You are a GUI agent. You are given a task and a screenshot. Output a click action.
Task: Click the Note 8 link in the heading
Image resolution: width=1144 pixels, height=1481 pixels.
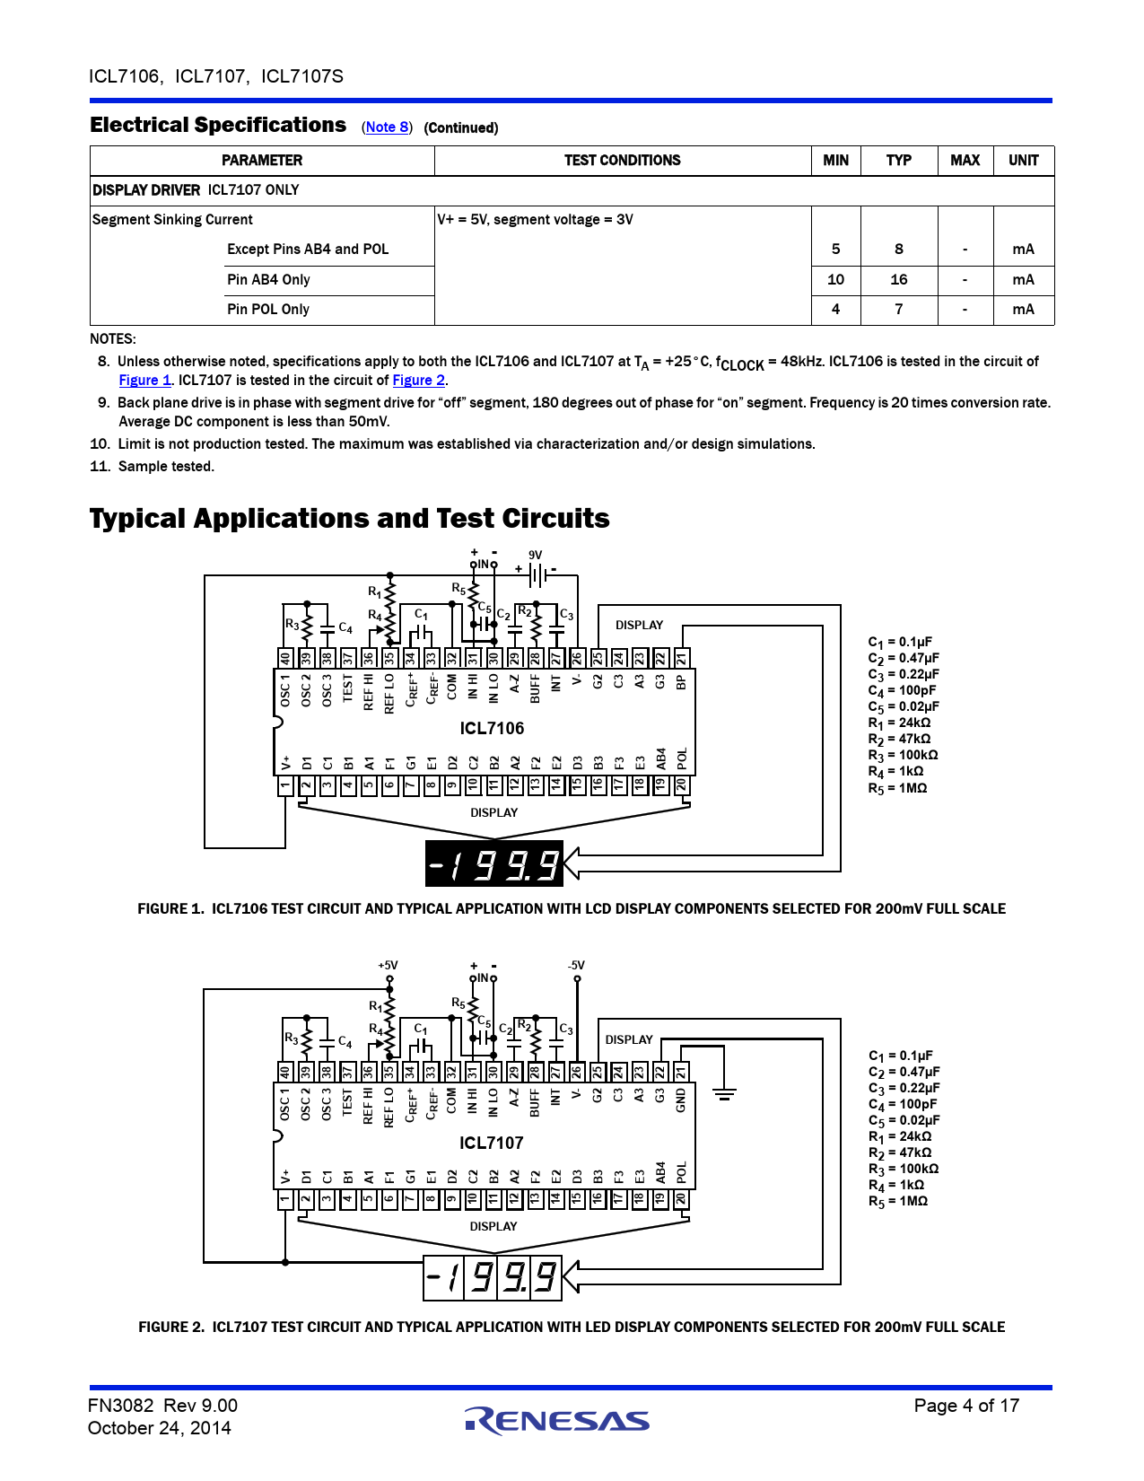tap(387, 127)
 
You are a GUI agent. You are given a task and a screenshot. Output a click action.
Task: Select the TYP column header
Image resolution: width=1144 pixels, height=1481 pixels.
tap(898, 161)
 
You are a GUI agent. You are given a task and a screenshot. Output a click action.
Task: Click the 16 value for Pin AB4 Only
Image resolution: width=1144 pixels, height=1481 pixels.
tap(898, 280)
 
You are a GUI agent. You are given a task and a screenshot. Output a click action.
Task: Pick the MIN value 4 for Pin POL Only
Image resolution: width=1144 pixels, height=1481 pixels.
tap(835, 310)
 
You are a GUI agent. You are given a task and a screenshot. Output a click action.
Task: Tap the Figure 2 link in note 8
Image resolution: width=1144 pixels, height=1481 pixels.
tap(418, 381)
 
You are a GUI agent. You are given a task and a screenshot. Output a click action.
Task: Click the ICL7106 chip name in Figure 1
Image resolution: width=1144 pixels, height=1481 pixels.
tap(492, 728)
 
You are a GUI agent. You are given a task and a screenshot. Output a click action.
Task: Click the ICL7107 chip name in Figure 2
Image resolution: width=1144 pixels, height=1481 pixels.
tap(491, 1143)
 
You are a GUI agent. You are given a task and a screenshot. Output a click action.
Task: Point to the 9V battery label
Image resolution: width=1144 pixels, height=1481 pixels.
tap(535, 555)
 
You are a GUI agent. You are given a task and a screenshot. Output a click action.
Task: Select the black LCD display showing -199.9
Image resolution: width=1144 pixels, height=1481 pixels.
tap(493, 863)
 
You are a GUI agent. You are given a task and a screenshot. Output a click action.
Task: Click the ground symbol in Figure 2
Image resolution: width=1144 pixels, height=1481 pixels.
tap(724, 1094)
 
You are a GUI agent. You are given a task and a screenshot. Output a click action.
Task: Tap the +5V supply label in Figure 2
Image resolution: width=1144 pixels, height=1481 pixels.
tap(388, 966)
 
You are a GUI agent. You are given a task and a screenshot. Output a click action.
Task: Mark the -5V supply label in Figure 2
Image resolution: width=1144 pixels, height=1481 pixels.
tap(576, 966)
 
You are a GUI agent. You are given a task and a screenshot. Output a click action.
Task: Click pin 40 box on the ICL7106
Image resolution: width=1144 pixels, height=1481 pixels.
tap(285, 658)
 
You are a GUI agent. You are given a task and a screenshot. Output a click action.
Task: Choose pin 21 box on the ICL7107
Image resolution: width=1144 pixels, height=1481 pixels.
tap(681, 1072)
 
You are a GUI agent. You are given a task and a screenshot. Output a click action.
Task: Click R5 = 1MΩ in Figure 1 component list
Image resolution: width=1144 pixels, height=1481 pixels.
tap(897, 788)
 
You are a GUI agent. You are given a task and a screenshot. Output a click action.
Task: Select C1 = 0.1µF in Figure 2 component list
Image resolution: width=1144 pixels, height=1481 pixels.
tap(900, 1056)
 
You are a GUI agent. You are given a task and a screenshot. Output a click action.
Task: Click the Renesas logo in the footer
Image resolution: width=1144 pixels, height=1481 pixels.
tap(556, 1419)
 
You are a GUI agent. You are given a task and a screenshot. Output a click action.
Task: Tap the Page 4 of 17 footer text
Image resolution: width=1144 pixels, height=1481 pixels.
tap(966, 1406)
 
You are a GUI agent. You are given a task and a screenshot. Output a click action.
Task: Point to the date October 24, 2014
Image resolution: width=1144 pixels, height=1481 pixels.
tap(160, 1428)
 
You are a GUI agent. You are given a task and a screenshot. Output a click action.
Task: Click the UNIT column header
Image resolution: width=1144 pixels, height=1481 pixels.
tap(1023, 161)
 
